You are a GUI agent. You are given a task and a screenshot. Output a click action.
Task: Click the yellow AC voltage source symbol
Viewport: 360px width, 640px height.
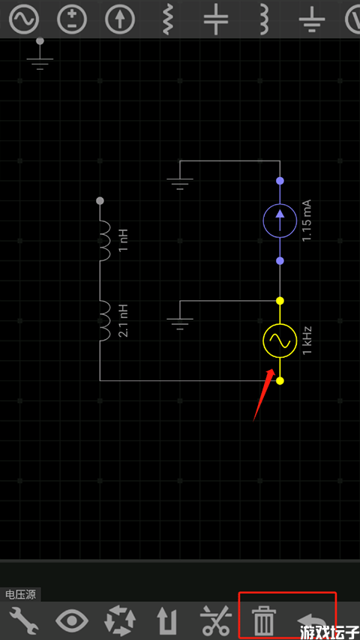tap(280, 341)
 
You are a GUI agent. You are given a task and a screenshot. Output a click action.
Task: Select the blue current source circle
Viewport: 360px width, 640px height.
tap(280, 221)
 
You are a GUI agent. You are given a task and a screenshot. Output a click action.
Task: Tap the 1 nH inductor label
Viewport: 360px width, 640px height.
tap(124, 241)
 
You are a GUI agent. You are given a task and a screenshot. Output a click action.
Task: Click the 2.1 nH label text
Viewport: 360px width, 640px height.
tap(124, 320)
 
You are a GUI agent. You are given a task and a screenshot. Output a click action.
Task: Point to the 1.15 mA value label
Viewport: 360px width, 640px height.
tap(307, 221)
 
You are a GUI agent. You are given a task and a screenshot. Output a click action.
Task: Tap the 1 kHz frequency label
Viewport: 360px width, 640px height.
tap(307, 341)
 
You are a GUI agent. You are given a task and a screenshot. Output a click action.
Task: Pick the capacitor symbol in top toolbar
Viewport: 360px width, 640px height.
tap(216, 19)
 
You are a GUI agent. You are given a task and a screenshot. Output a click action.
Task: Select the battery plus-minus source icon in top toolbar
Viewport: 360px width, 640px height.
tap(72, 20)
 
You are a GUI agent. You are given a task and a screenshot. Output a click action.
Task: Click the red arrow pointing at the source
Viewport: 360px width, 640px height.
tap(263, 394)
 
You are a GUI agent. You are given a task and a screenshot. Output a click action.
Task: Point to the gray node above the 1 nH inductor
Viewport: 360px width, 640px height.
tap(100, 201)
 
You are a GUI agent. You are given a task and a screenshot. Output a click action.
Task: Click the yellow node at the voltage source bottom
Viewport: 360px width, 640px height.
tap(280, 381)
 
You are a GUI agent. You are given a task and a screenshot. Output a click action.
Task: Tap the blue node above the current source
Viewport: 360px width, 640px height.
tap(280, 180)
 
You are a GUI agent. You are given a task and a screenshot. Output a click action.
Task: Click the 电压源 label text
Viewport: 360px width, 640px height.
tap(20, 595)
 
